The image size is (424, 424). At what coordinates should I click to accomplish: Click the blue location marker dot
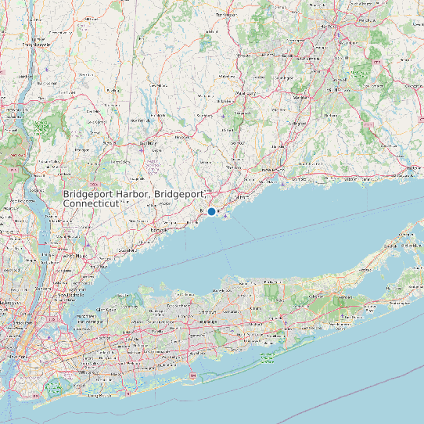tap(211, 212)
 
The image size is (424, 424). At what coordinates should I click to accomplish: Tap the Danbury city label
tap(149, 144)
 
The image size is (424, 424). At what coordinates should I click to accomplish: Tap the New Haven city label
tap(272, 169)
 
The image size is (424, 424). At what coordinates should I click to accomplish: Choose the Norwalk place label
tap(159, 231)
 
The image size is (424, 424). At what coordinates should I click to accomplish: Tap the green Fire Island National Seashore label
tap(268, 359)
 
